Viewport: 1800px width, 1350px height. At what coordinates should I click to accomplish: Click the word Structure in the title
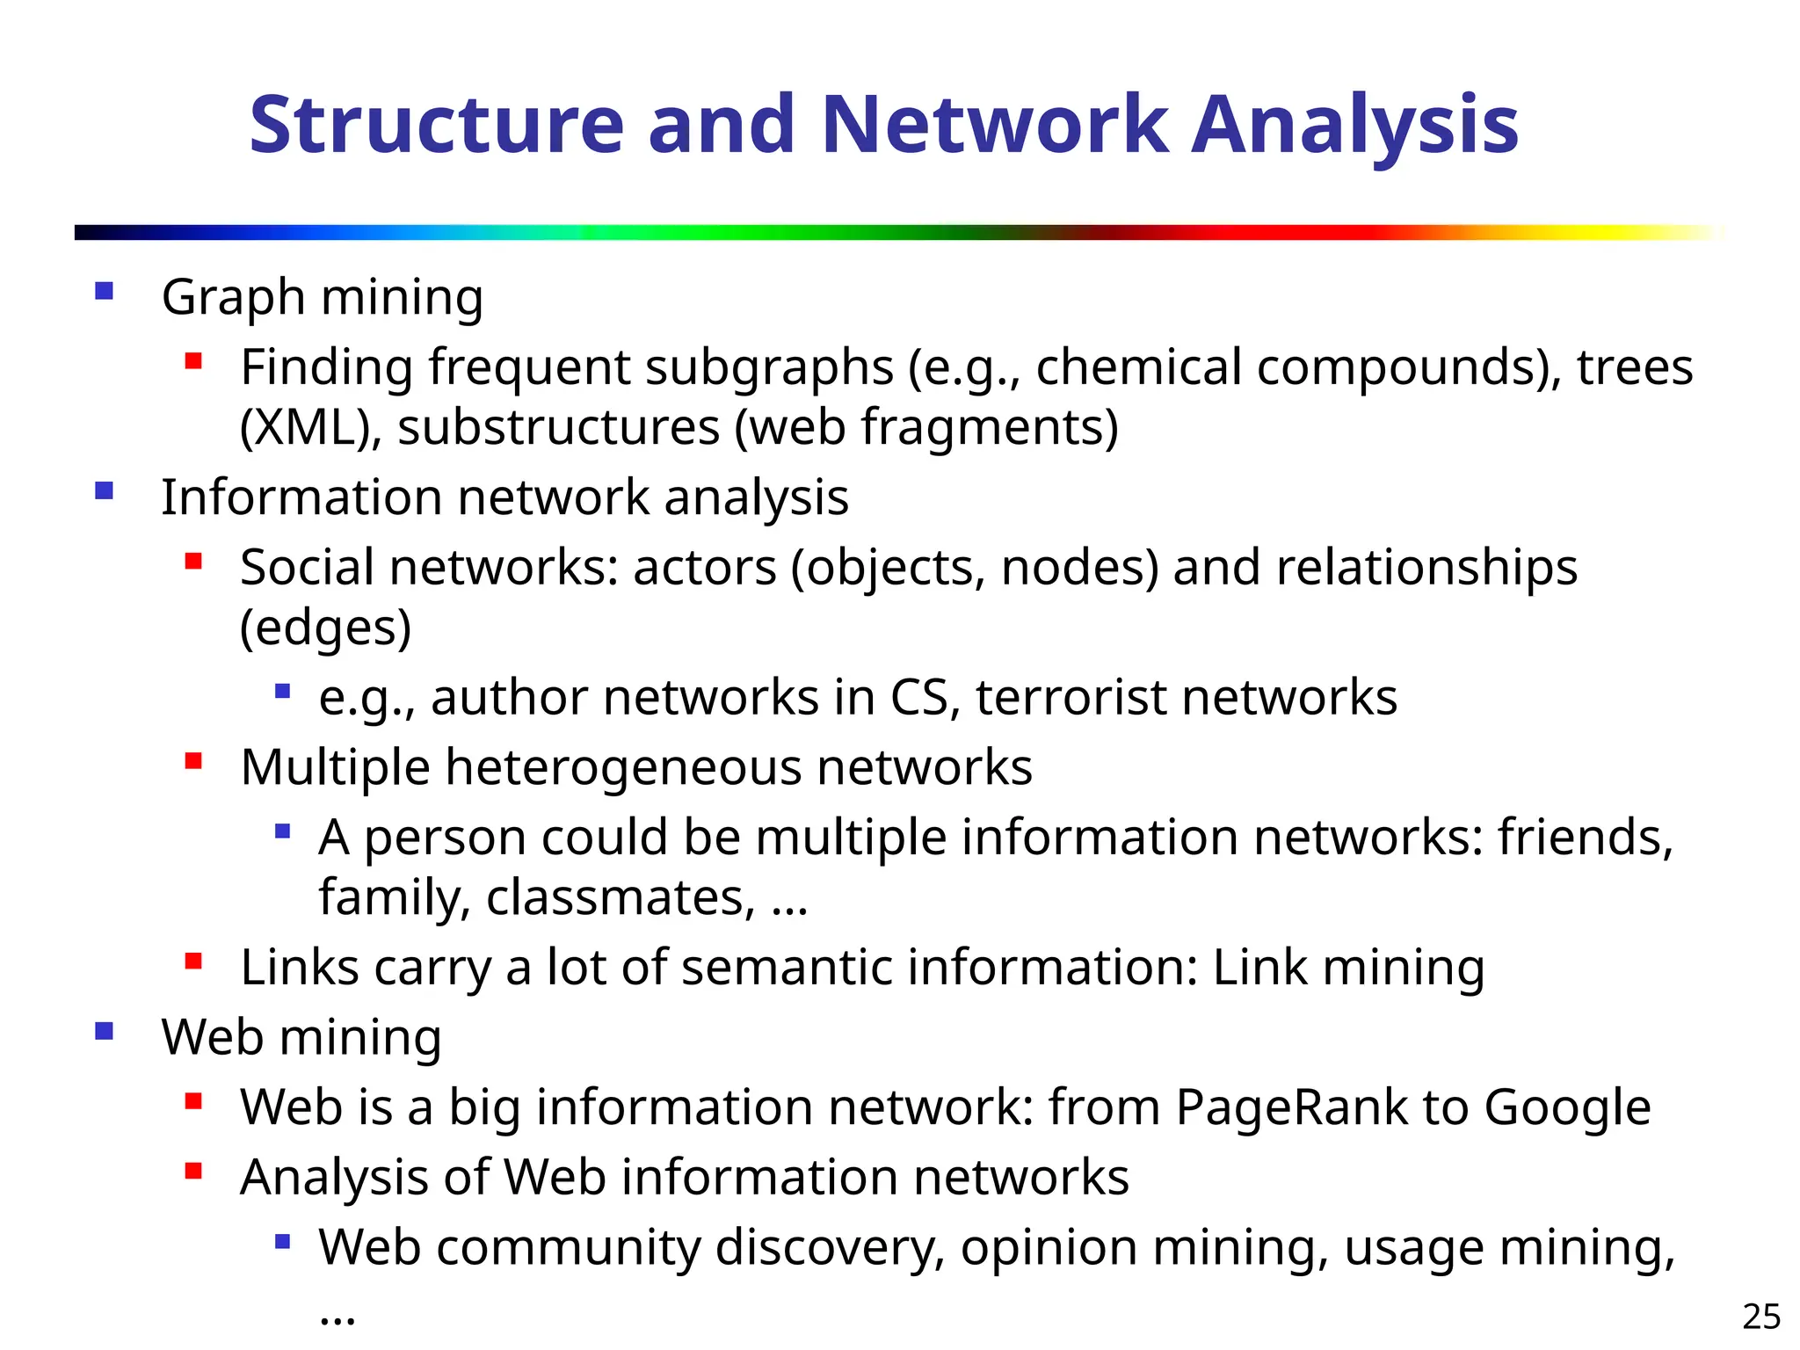(x=436, y=125)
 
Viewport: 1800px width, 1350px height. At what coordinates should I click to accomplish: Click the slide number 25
(x=1760, y=1317)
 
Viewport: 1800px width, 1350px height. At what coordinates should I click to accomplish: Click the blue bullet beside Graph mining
(x=105, y=291)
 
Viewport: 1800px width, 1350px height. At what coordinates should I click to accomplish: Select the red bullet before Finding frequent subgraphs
(x=193, y=360)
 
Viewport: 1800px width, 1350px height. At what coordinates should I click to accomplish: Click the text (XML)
(x=310, y=428)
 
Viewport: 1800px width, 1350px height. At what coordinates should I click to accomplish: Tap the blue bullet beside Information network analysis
(x=105, y=490)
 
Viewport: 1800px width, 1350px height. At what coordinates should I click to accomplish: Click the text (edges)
(x=325, y=628)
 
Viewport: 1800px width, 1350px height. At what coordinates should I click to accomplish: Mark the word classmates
(x=620, y=897)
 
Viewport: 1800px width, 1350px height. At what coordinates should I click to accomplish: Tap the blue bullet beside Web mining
(x=105, y=1031)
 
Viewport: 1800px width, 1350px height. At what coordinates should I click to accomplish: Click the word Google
(x=1567, y=1107)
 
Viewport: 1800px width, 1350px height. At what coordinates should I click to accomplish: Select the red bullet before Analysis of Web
(x=193, y=1171)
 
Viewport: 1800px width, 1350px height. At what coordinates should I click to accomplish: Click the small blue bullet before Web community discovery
(x=282, y=1241)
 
